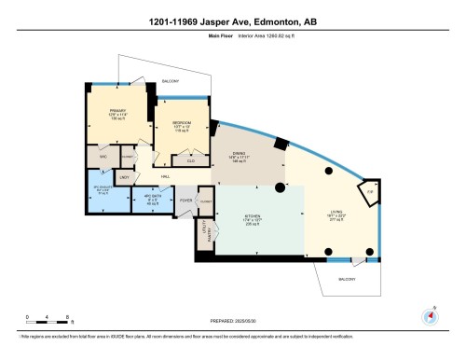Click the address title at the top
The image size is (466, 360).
point(232,21)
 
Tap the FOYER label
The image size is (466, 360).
point(185,200)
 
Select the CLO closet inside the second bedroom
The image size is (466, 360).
point(190,160)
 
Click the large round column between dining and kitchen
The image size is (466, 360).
point(279,187)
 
